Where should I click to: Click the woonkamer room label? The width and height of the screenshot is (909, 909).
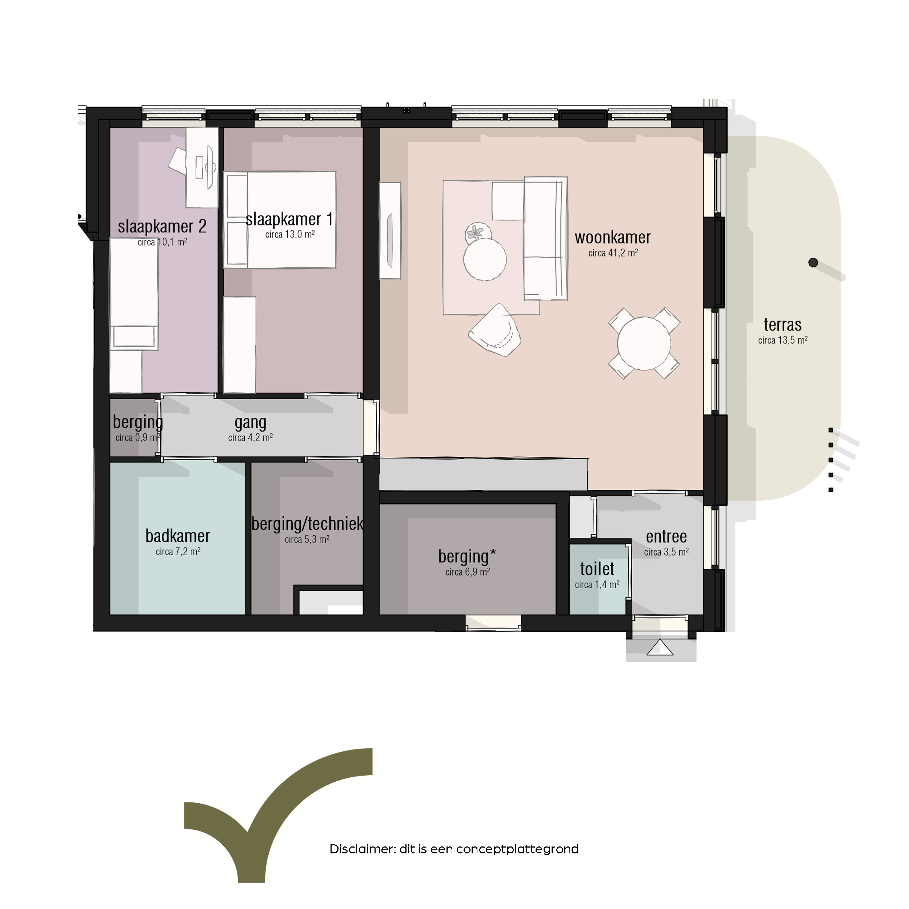(613, 237)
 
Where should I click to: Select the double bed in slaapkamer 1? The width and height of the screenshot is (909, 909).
(280, 220)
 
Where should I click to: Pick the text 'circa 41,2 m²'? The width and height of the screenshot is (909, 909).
(613, 253)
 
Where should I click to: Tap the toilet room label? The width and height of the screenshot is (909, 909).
(597, 569)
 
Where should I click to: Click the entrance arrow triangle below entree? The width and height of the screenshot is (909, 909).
(660, 648)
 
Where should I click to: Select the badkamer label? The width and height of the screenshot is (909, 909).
(178, 536)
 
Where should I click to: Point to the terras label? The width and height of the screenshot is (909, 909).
(782, 325)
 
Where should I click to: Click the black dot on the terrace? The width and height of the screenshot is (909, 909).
(813, 263)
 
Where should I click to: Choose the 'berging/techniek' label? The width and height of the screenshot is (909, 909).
(307, 524)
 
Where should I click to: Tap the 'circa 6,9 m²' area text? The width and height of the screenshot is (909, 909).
(468, 572)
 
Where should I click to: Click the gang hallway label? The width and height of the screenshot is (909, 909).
(250, 423)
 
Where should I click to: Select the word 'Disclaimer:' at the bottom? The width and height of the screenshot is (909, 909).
(362, 849)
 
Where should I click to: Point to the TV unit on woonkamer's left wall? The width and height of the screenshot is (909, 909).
(390, 231)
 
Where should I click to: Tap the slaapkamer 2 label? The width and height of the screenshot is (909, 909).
(162, 226)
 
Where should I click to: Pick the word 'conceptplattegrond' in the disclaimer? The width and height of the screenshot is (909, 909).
(517, 850)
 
